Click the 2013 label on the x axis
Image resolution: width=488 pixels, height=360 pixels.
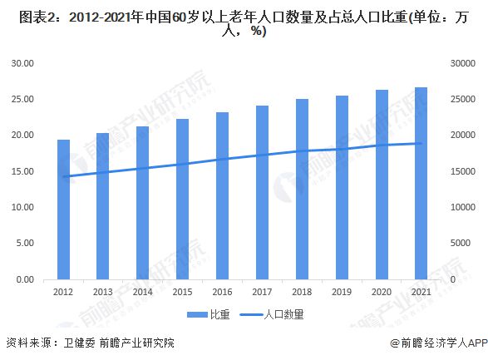[x=103, y=292]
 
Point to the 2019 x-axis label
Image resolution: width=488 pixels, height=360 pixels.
[x=341, y=292]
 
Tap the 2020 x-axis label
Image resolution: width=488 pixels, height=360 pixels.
[x=381, y=292]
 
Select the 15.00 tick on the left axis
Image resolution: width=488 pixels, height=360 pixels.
[x=22, y=171]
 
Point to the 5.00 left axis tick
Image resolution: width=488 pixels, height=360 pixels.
[x=25, y=244]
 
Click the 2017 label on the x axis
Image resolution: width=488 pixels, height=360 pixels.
[x=262, y=292]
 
